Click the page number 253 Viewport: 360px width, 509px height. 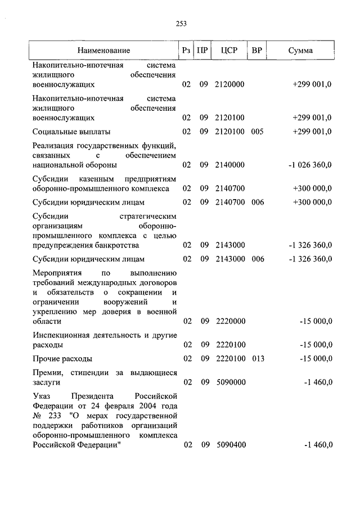(181, 24)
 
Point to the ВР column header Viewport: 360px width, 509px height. (257, 51)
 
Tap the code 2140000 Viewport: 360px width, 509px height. (229, 165)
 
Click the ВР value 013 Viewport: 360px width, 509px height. (257, 358)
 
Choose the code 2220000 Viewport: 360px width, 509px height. (229, 321)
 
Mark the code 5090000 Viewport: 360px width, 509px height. (229, 382)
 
